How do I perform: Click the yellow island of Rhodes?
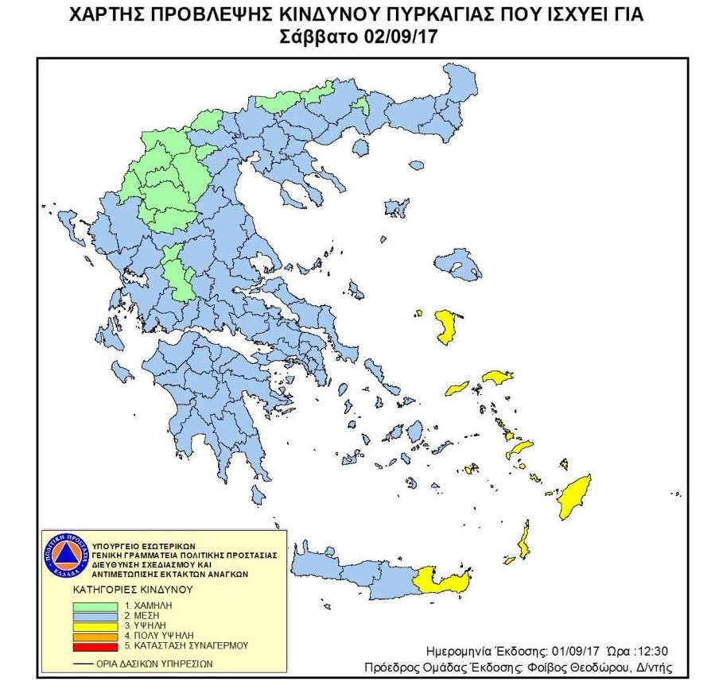[575, 497]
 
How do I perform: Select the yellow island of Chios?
[445, 327]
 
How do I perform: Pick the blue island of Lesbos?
[457, 263]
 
